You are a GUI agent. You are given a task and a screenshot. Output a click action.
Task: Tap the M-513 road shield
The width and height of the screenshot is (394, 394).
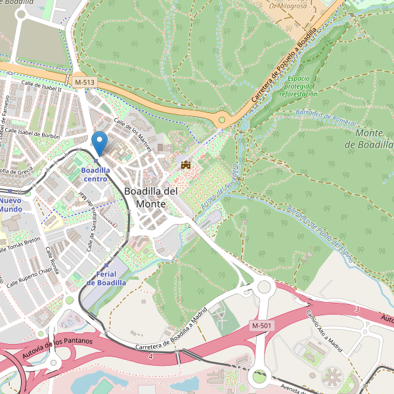click(x=84, y=81)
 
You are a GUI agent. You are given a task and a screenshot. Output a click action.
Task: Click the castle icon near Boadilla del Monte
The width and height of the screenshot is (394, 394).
click(x=185, y=164)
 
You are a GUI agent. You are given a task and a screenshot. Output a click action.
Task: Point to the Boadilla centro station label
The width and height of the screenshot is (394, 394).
click(x=95, y=174)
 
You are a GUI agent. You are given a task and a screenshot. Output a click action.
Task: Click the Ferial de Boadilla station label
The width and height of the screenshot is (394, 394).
click(x=106, y=278)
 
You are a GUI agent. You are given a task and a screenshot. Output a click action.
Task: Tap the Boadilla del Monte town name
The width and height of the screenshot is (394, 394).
click(x=151, y=197)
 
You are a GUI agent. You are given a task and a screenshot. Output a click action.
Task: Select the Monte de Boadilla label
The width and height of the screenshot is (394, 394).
click(x=374, y=139)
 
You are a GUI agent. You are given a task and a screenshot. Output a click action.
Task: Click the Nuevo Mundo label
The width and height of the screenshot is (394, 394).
click(x=11, y=204)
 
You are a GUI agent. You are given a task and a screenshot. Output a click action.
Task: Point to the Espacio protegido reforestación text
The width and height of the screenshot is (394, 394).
click(x=298, y=86)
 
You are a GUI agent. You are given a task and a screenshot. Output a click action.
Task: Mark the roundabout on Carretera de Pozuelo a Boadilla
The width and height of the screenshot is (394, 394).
click(x=222, y=120)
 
